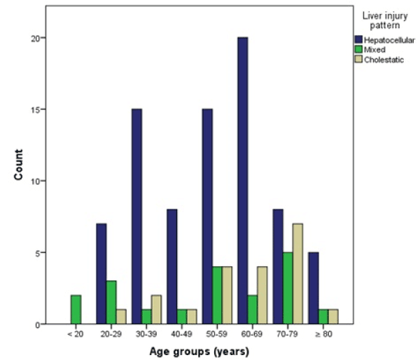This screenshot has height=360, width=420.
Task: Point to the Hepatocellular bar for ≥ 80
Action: click(x=313, y=288)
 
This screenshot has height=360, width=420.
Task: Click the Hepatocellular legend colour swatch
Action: click(x=357, y=40)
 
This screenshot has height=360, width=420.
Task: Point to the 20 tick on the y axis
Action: click(x=39, y=37)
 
